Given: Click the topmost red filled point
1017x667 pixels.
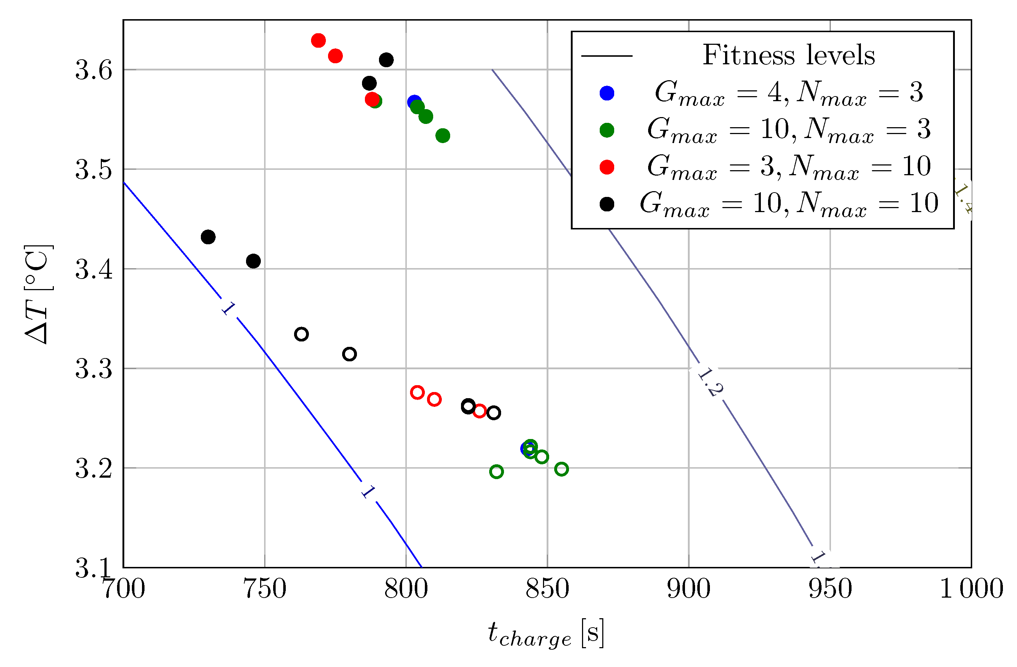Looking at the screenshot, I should (x=318, y=40).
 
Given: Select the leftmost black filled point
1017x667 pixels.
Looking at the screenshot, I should (x=208, y=237).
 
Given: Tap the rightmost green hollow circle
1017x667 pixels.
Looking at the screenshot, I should (x=561, y=469).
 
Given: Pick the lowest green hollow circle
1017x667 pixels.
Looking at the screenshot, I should (x=496, y=472).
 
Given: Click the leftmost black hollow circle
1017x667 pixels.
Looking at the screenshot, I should (x=301, y=334).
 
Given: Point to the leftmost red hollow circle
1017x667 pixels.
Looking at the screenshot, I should (x=417, y=392).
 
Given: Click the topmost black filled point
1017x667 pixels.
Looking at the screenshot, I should (x=386, y=60).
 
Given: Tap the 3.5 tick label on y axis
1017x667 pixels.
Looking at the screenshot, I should (x=94, y=169).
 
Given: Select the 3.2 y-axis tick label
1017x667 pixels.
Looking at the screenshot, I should (x=94, y=468).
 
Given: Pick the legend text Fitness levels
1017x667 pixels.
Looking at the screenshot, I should (x=789, y=56).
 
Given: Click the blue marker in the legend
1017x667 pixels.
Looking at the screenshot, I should (x=607, y=93).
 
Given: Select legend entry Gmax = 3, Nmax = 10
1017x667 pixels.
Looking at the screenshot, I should (x=789, y=167).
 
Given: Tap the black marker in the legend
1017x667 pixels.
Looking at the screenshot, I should (x=607, y=204).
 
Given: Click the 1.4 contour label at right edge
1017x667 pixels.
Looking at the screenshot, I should (x=963, y=199).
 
